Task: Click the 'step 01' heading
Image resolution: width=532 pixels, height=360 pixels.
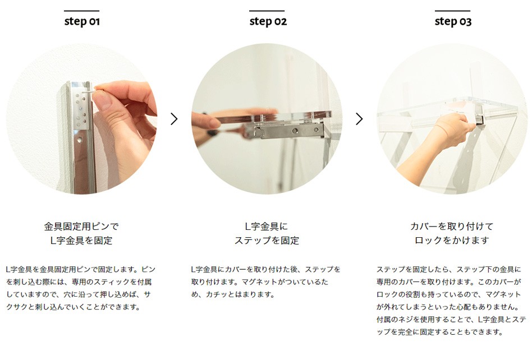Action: coord(82,21)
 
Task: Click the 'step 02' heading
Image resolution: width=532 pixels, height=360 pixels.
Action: coord(268,21)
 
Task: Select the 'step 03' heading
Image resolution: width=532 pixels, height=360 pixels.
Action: coord(453,21)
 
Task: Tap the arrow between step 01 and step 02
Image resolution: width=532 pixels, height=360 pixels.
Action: coord(174,119)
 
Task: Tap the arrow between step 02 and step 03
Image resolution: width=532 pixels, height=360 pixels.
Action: coord(359,119)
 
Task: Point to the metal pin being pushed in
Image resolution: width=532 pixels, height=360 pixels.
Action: coord(87,91)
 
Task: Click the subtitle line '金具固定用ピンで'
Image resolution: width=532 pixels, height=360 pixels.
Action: coord(81,226)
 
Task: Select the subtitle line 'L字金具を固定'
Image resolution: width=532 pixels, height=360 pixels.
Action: coord(81,241)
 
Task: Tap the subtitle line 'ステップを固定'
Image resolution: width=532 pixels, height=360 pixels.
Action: coord(267,241)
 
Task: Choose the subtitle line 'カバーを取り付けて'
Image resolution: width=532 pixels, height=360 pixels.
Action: coord(452,226)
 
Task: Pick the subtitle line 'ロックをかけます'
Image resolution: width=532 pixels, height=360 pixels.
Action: coord(452,241)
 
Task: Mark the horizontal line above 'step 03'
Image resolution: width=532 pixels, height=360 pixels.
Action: coord(453,11)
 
